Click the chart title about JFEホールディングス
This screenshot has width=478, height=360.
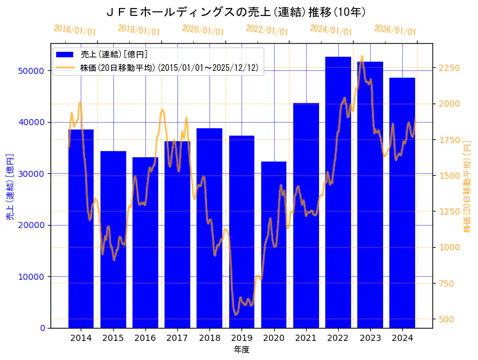237,12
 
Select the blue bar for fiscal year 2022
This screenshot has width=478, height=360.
338,192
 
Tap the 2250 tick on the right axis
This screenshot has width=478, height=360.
448,68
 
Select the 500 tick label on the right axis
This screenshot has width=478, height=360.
445,319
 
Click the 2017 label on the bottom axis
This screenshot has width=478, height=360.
177,338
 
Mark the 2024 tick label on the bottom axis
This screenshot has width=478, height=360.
402,338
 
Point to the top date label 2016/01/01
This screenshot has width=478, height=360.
75,30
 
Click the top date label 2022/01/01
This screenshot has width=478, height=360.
267,30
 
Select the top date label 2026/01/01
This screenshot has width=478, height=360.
395,30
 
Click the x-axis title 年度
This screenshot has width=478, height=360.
241,350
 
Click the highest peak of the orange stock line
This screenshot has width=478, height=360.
362,56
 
